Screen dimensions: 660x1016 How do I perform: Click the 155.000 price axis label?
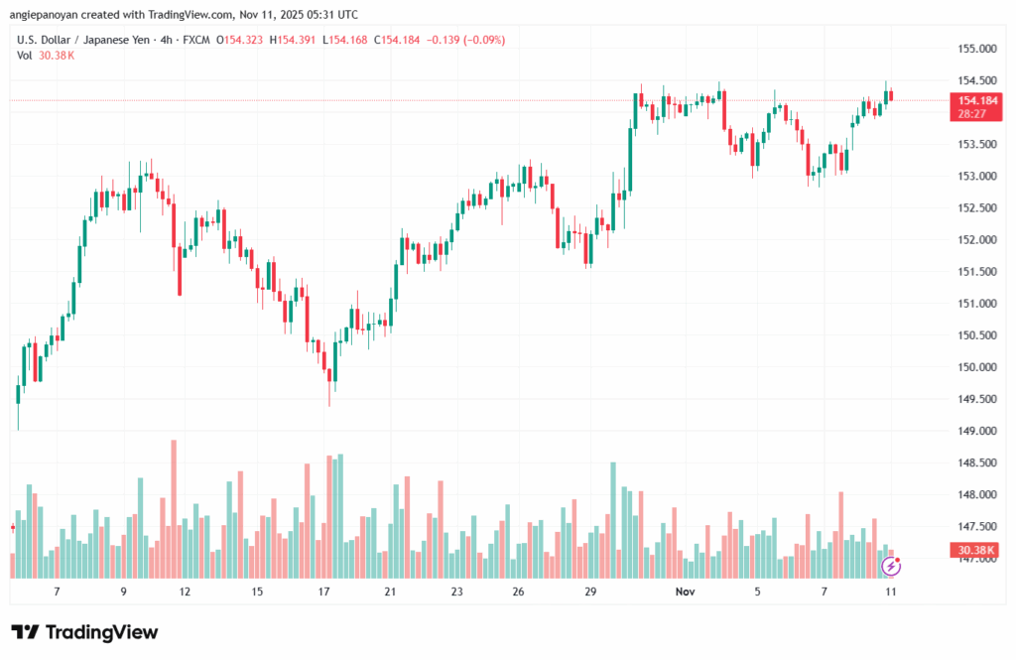coord(976,49)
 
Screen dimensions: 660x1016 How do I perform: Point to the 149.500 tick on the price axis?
coord(976,399)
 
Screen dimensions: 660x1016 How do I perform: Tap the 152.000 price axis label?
coord(976,240)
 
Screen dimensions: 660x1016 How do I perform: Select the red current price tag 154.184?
coord(972,100)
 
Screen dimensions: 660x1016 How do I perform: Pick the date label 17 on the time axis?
coord(324,591)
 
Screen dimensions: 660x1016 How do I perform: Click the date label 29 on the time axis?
coord(590,591)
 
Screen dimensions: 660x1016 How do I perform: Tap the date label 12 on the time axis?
coord(185,591)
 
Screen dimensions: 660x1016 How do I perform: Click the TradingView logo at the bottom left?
coord(84,632)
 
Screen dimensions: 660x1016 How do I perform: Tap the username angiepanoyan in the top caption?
coord(55,15)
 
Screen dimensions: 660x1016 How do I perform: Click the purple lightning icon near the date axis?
coord(892,566)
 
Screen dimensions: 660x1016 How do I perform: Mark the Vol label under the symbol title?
coord(24,56)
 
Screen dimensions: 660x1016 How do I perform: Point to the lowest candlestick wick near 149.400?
coord(329,400)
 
